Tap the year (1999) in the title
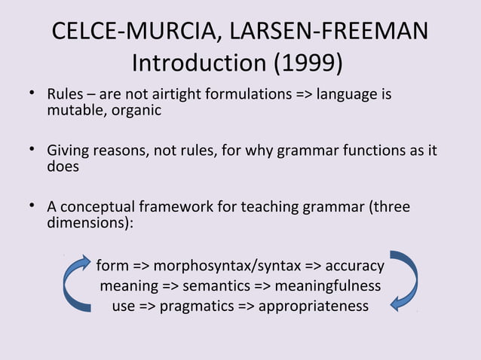click(x=303, y=64)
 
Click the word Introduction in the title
click(x=194, y=64)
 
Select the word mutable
click(x=74, y=111)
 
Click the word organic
click(x=135, y=111)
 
